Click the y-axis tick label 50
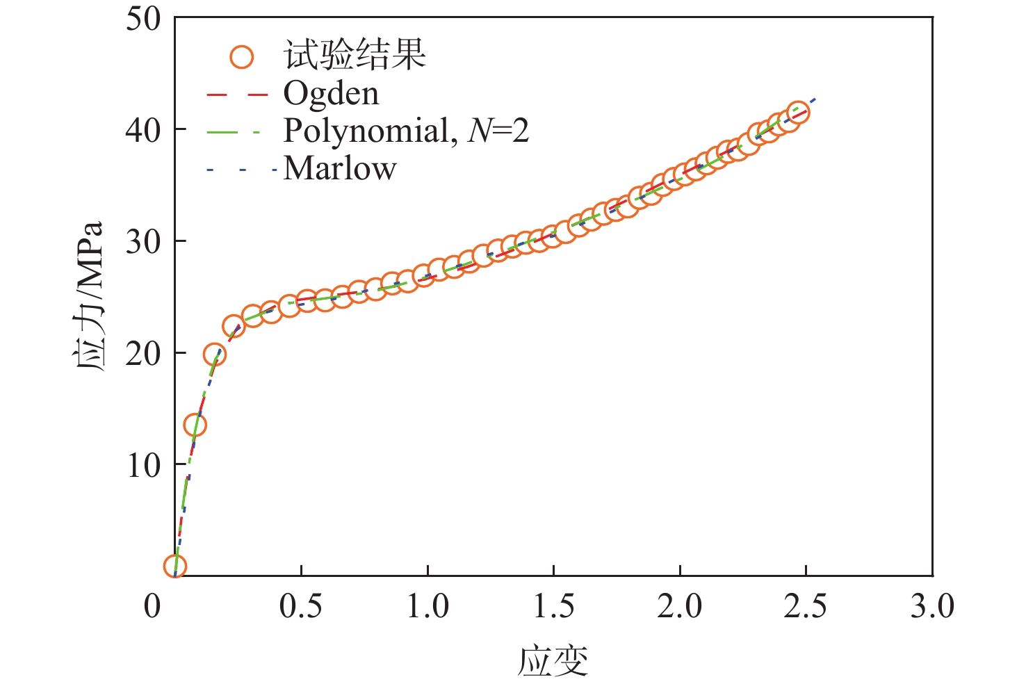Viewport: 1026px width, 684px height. click(x=143, y=19)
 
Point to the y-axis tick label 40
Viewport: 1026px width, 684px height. click(x=143, y=130)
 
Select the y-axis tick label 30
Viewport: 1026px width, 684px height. click(x=143, y=242)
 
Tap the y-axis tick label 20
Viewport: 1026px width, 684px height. click(x=143, y=353)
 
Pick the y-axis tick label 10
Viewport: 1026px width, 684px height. click(x=143, y=465)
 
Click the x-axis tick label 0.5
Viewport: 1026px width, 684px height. click(x=300, y=606)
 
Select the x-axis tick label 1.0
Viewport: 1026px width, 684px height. click(x=427, y=606)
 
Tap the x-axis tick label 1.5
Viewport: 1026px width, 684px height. click(x=553, y=606)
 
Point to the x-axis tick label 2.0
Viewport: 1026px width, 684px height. click(x=679, y=606)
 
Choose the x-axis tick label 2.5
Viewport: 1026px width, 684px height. click(x=806, y=606)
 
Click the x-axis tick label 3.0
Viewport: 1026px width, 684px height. click(x=932, y=606)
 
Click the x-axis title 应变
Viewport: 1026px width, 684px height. click(x=553, y=660)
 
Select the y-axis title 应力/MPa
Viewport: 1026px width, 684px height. click(x=89, y=297)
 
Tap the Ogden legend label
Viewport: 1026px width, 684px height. click(x=331, y=93)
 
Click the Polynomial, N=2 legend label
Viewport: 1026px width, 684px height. click(x=406, y=131)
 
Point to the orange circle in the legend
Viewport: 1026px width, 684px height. click(x=242, y=56)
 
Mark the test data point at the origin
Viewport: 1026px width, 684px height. click(x=175, y=566)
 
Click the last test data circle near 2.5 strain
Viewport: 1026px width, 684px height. click(x=798, y=113)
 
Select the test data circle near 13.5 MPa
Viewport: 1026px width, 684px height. click(x=195, y=425)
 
